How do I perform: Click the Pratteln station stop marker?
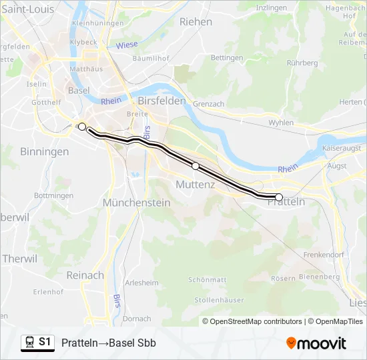(279, 197)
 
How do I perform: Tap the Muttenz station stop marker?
(196, 165)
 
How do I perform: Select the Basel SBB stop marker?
(82, 127)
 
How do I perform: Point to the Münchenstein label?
(137, 202)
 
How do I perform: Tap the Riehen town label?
(196, 21)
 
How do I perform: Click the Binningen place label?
(45, 151)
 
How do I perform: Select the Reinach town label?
(85, 275)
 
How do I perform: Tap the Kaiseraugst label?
(342, 147)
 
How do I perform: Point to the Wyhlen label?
(281, 123)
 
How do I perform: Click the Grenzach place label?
(208, 104)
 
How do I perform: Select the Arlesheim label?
(141, 283)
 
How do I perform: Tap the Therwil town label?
(19, 259)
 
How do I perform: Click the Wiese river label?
(127, 45)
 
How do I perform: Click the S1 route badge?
(45, 342)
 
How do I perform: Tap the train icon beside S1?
(30, 343)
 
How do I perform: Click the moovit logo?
(316, 343)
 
